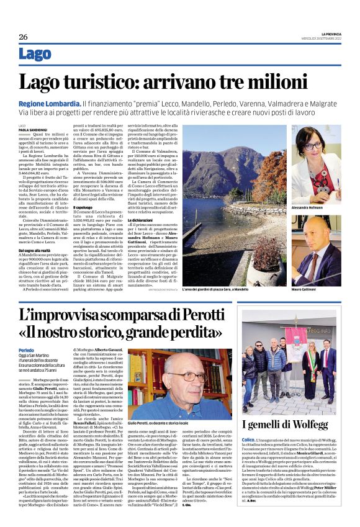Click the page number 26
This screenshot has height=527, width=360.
tap(23, 37)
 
